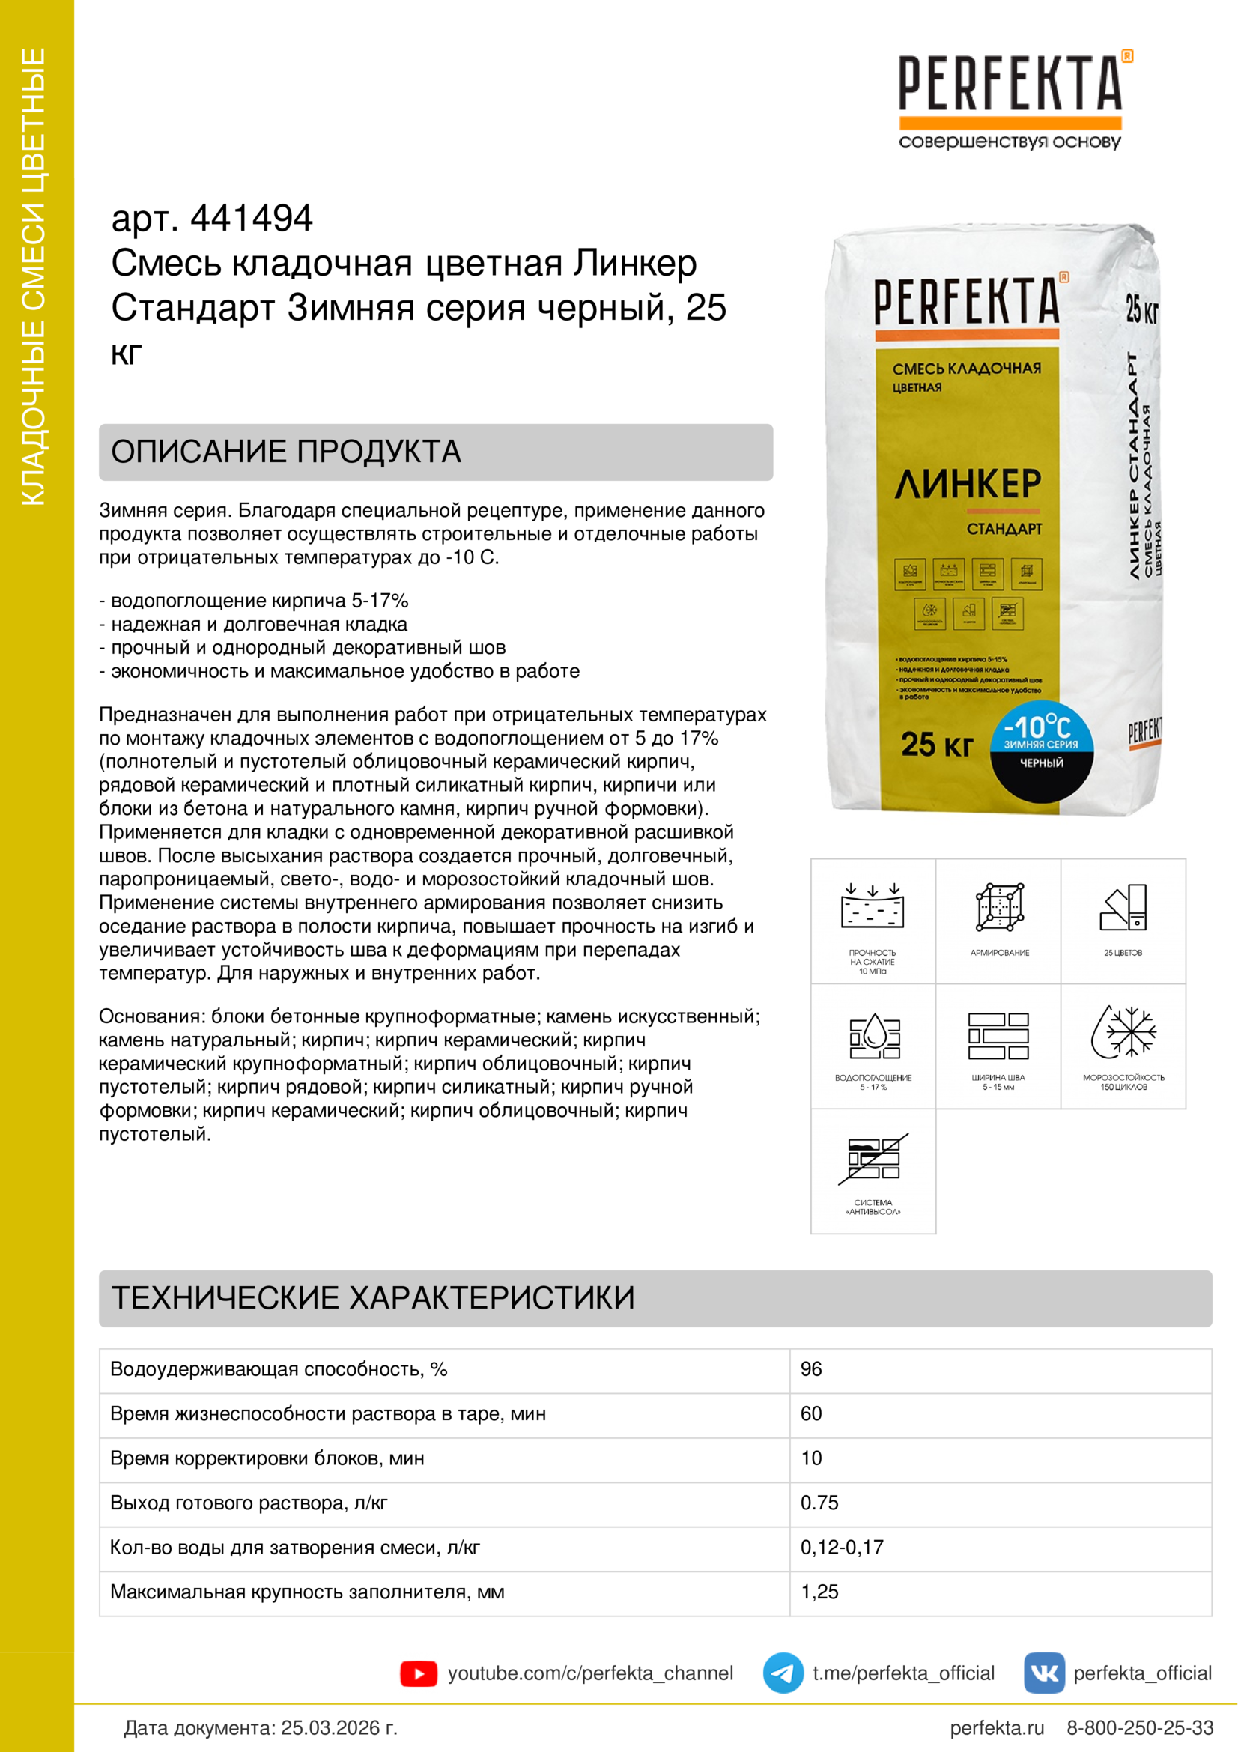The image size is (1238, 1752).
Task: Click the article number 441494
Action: pyautogui.click(x=251, y=218)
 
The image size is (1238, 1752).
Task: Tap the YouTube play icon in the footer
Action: pyautogui.click(x=418, y=1673)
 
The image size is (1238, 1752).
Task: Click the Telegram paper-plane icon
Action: pyautogui.click(x=783, y=1673)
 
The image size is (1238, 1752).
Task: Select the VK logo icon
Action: pyautogui.click(x=1043, y=1673)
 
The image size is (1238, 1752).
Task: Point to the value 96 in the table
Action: pyautogui.click(x=811, y=1369)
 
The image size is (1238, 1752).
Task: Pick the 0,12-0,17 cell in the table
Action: pyautogui.click(x=841, y=1547)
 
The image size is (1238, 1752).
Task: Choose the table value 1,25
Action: pyautogui.click(x=819, y=1591)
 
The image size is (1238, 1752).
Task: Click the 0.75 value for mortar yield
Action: pyautogui.click(x=819, y=1503)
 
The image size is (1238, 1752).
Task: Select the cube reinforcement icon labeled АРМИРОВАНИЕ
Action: pyautogui.click(x=999, y=908)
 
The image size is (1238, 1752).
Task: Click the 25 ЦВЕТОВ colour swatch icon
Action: pyautogui.click(x=1123, y=908)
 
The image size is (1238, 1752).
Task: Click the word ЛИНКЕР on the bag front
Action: pyautogui.click(x=967, y=484)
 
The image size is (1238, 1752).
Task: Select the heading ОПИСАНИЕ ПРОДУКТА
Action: pyautogui.click(x=286, y=452)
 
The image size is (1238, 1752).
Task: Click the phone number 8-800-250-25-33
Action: pyautogui.click(x=1140, y=1727)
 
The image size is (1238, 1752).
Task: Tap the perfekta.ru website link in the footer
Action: pyautogui.click(x=996, y=1727)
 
